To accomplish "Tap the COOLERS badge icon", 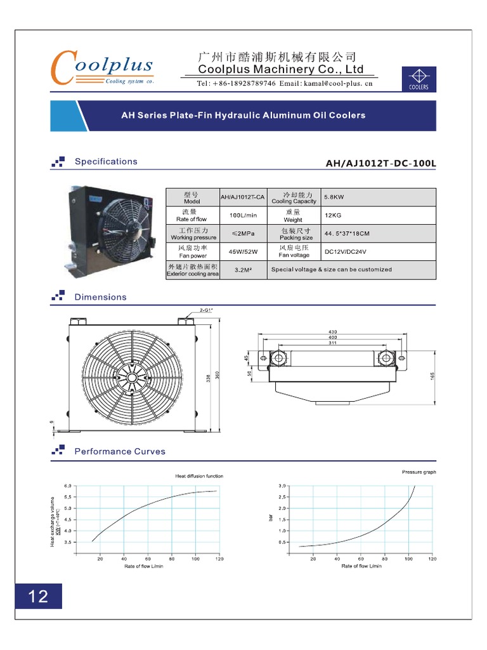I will tap(419, 80).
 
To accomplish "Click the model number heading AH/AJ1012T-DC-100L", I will tap(380, 164).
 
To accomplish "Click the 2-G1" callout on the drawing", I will tap(206, 310).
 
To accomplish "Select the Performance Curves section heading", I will tap(120, 451).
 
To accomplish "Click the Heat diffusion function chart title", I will tap(199, 475).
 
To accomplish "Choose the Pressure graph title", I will tap(419, 472).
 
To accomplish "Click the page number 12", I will tap(39, 596).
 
